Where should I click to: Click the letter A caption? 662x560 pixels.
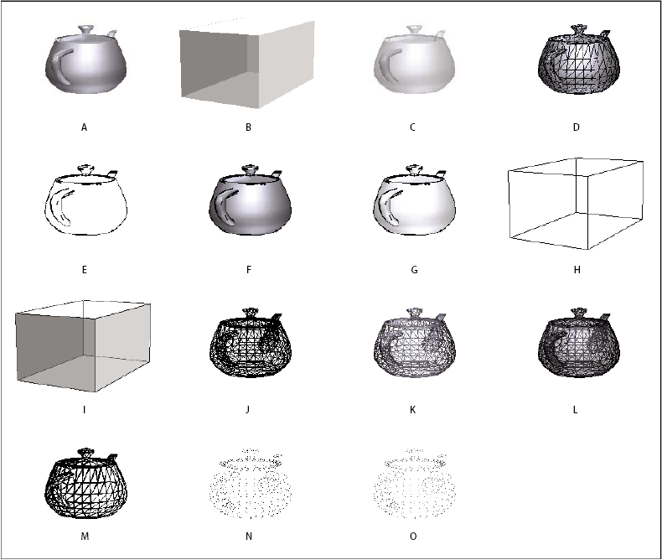84,127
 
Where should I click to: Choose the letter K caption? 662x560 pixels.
413,411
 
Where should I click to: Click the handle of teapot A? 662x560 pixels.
58,66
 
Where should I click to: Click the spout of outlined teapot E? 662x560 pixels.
113,174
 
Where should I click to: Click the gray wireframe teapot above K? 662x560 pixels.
413,350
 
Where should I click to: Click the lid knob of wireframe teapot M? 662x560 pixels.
84,453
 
